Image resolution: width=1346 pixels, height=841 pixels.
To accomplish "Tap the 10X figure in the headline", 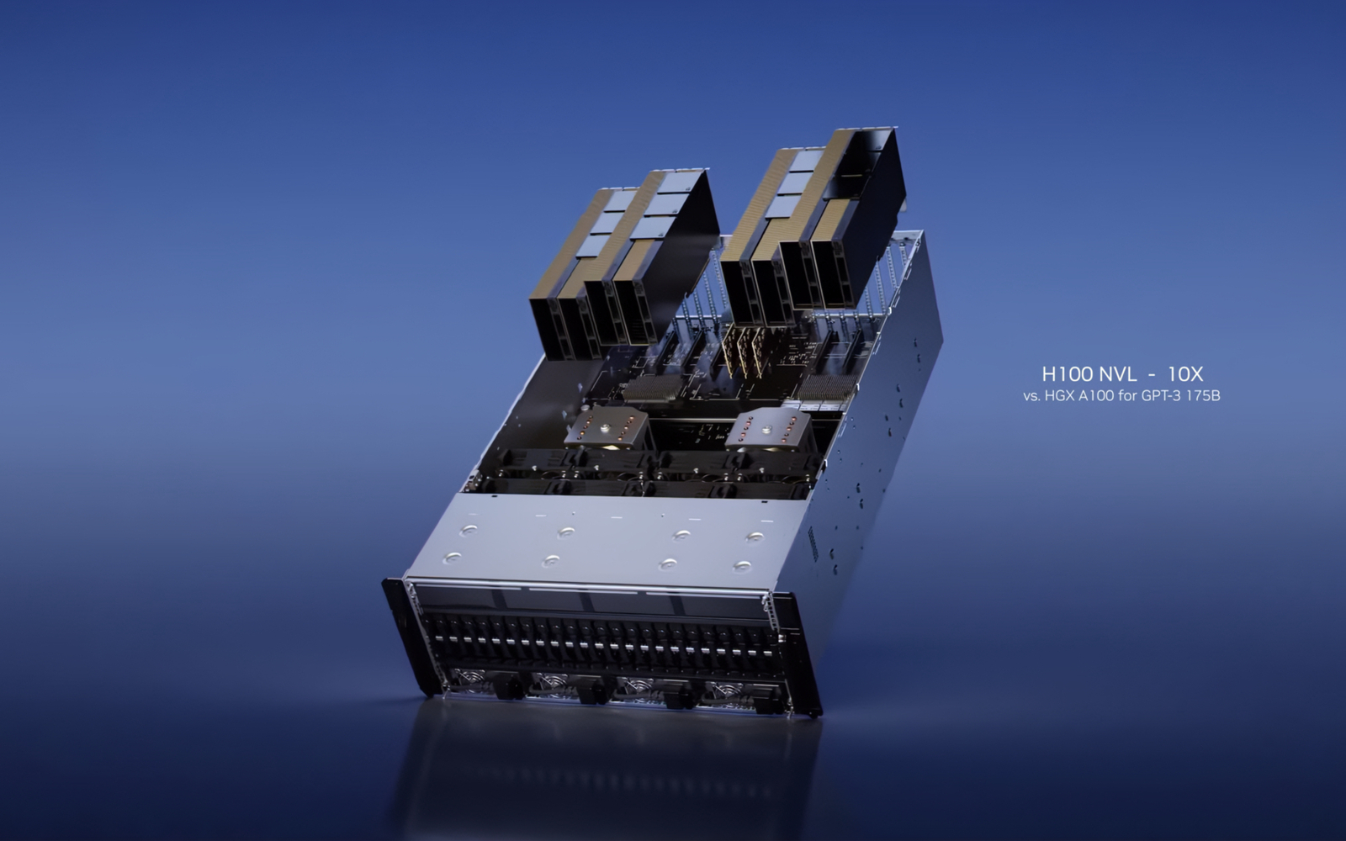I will (1185, 374).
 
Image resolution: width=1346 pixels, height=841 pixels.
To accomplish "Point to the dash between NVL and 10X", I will (1151, 375).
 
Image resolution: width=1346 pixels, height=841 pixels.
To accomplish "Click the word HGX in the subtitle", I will (1062, 395).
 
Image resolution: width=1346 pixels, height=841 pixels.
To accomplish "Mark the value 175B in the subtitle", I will (1202, 395).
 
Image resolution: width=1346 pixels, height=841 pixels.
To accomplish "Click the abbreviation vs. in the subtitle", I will (1031, 395).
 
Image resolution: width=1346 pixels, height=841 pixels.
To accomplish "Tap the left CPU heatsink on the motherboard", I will (606, 426).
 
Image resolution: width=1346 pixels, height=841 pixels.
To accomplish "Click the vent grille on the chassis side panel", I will (813, 546).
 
